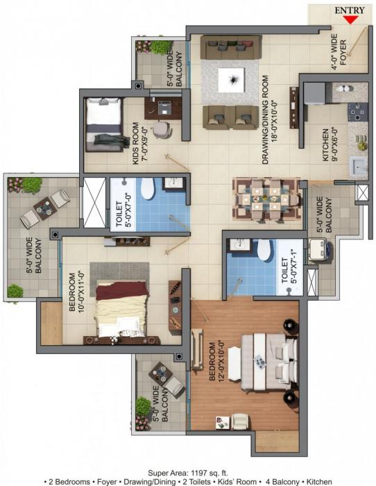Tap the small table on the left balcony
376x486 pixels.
coord(43,206)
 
